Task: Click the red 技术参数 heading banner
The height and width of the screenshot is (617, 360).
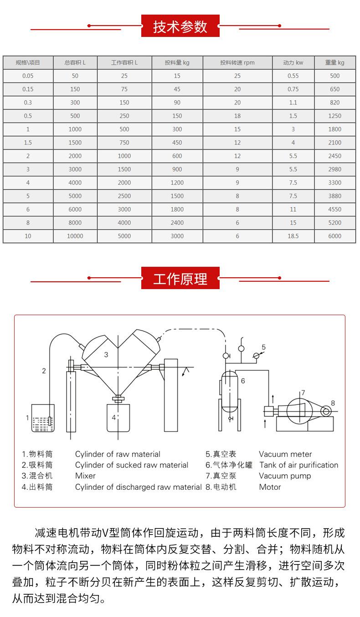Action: [180, 26]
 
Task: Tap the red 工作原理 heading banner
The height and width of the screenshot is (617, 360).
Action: [180, 279]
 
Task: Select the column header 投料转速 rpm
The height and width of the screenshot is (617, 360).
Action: [237, 63]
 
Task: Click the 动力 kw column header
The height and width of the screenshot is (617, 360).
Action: [293, 63]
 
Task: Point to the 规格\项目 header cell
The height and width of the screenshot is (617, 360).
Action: [28, 63]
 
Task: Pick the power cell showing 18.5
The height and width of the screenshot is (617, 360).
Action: [293, 236]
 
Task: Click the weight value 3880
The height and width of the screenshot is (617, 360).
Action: [334, 196]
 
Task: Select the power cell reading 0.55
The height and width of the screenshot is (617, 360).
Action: [293, 76]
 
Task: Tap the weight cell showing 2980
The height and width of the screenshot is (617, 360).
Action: [334, 170]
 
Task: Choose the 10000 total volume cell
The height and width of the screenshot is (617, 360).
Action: [75, 236]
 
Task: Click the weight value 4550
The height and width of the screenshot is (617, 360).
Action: [334, 210]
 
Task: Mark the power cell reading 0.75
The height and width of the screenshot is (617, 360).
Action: [293, 89]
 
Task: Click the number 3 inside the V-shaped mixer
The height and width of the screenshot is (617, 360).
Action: [106, 354]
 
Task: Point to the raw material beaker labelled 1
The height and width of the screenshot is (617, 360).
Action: [43, 419]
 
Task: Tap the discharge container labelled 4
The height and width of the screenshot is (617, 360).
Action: [118, 418]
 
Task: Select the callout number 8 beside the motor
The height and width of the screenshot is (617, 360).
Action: [333, 403]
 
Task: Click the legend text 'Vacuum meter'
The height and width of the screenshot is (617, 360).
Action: [285, 454]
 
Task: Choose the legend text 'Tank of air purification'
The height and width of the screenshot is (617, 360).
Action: [298, 465]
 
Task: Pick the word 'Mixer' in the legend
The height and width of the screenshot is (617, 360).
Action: [85, 476]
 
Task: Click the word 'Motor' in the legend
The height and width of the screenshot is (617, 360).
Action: [270, 487]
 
